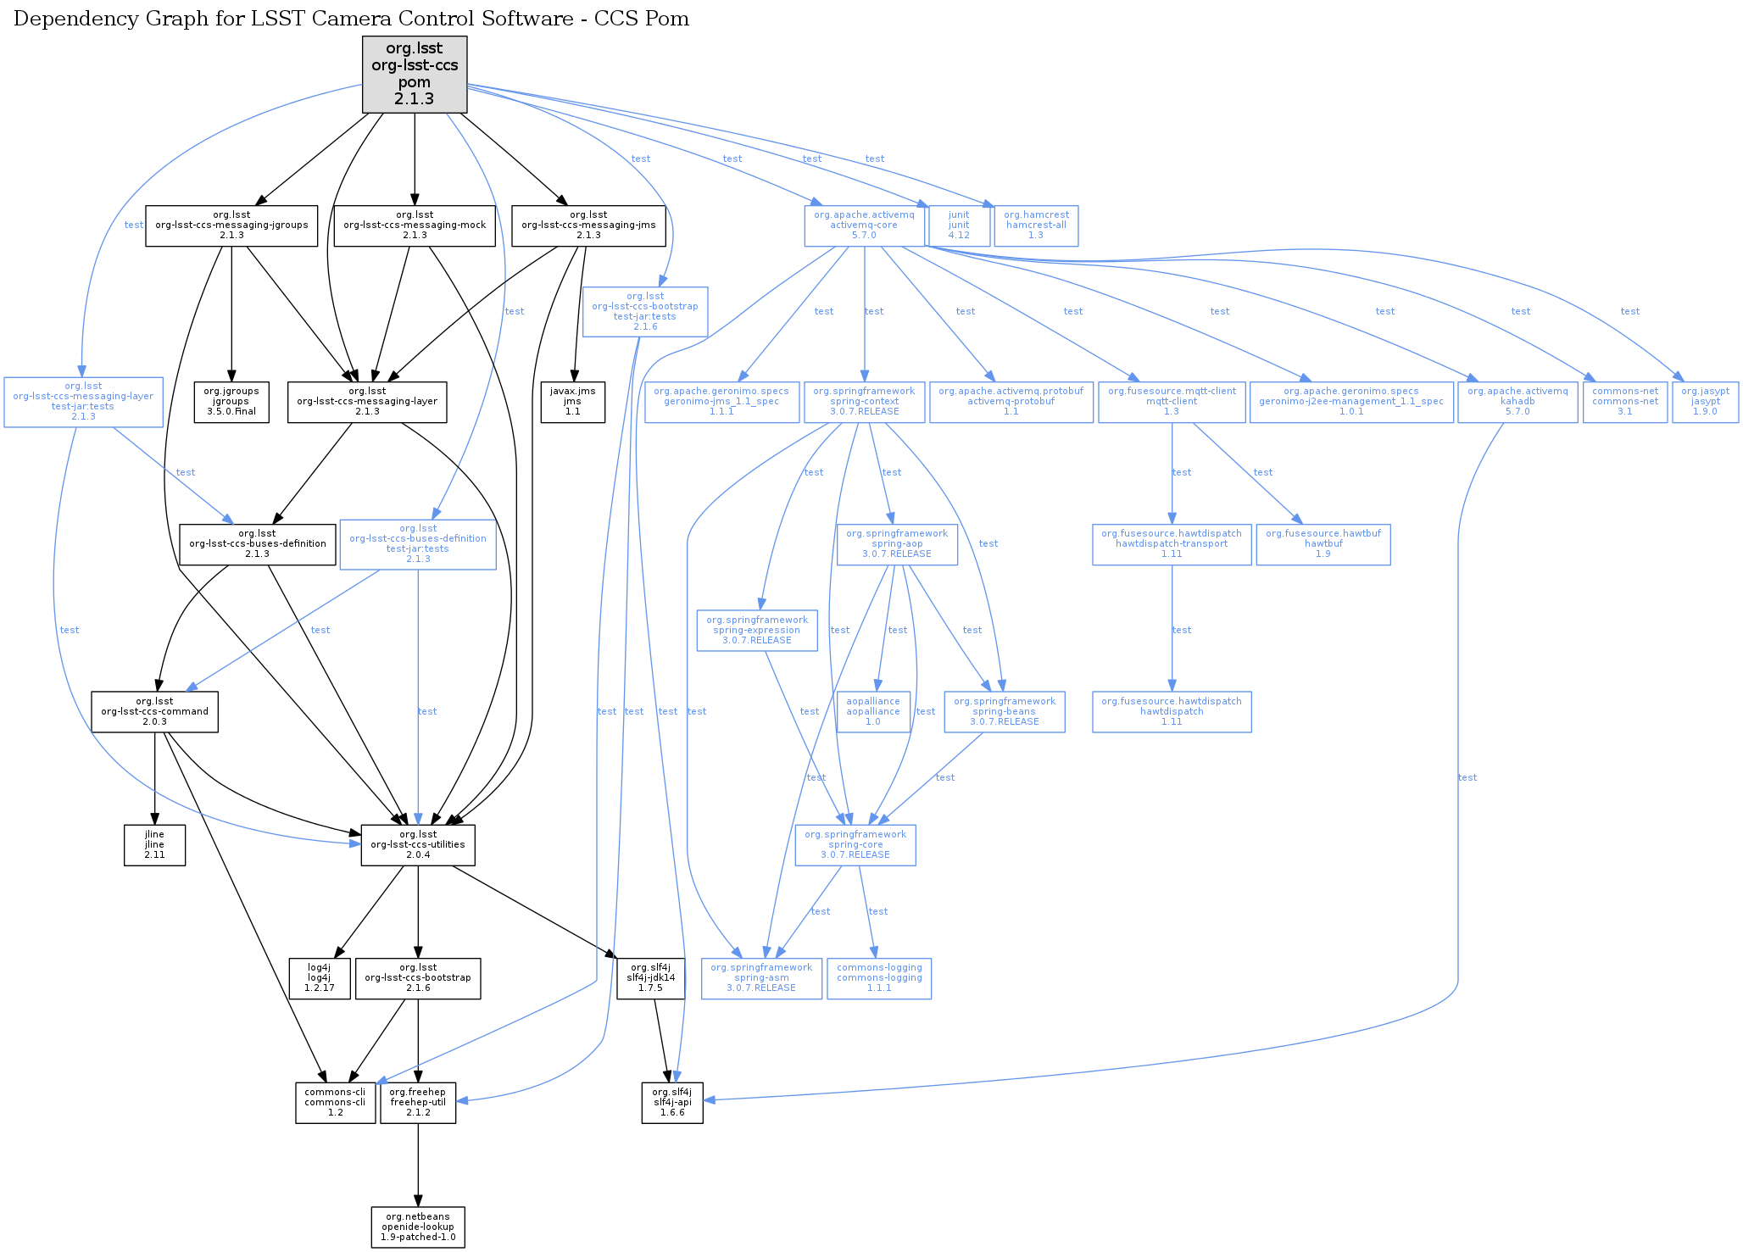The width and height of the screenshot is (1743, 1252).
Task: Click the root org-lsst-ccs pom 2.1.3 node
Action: pyautogui.click(x=415, y=74)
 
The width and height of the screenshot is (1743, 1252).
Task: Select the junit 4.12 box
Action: pyautogui.click(x=959, y=225)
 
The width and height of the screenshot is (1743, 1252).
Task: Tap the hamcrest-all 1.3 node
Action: pyautogui.click(x=1036, y=225)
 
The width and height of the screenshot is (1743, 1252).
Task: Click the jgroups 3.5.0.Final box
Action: pyautogui.click(x=231, y=402)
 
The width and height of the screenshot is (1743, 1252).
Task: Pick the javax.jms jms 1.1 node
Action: pyautogui.click(x=573, y=402)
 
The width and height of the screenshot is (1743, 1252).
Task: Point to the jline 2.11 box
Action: pyautogui.click(x=154, y=845)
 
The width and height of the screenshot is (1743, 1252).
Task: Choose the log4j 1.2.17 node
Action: pyautogui.click(x=320, y=978)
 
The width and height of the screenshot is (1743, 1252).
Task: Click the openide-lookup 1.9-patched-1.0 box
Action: pyautogui.click(x=418, y=1227)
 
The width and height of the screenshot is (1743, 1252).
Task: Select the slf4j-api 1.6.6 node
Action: pyautogui.click(x=672, y=1102)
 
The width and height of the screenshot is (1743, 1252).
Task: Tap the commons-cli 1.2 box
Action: pyautogui.click(x=335, y=1102)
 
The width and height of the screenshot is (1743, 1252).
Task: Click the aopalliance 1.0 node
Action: pyautogui.click(x=873, y=711)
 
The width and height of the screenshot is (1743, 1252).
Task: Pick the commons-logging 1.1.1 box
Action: pyautogui.click(x=879, y=978)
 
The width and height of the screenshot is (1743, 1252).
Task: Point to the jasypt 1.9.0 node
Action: pyautogui.click(x=1705, y=402)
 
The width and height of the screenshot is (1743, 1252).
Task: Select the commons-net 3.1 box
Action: pyautogui.click(x=1624, y=402)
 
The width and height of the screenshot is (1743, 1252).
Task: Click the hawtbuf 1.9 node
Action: pyautogui.click(x=1323, y=544)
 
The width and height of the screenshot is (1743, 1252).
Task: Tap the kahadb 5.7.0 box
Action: pyautogui.click(x=1517, y=402)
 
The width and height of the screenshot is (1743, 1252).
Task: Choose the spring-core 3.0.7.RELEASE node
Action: pyautogui.click(x=855, y=845)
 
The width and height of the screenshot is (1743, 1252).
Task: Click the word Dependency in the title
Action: pyautogui.click(x=69, y=19)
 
